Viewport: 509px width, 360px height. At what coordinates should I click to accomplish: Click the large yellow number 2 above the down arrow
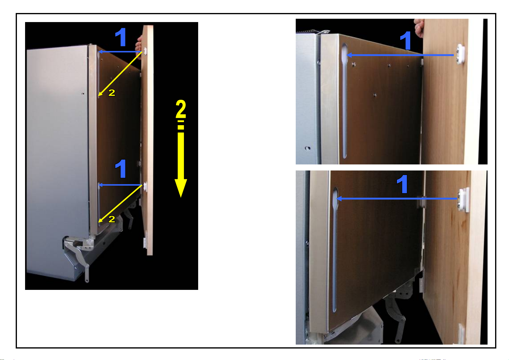click(x=181, y=109)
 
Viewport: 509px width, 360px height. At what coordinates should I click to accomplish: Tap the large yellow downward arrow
click(x=181, y=159)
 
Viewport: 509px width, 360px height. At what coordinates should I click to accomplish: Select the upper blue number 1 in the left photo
click(x=121, y=37)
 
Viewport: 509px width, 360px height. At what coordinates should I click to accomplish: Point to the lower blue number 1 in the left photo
click(x=121, y=169)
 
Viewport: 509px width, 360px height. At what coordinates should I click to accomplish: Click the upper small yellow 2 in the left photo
click(x=111, y=92)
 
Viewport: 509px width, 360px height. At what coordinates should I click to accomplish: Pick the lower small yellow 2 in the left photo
click(x=111, y=219)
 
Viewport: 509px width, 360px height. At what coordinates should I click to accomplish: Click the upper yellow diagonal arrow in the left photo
click(x=120, y=74)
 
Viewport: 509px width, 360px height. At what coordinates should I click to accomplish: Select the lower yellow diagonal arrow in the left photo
click(x=120, y=204)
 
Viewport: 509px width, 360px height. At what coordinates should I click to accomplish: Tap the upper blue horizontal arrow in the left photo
click(x=120, y=52)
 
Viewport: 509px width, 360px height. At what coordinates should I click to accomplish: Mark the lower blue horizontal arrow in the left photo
click(x=120, y=185)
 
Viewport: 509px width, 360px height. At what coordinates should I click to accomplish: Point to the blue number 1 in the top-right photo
click(x=405, y=41)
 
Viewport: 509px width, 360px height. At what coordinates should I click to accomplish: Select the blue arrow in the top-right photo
click(x=400, y=55)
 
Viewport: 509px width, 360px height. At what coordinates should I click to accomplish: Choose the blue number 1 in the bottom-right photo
click(x=402, y=184)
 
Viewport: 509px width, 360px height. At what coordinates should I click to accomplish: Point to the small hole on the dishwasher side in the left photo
click(x=83, y=93)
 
